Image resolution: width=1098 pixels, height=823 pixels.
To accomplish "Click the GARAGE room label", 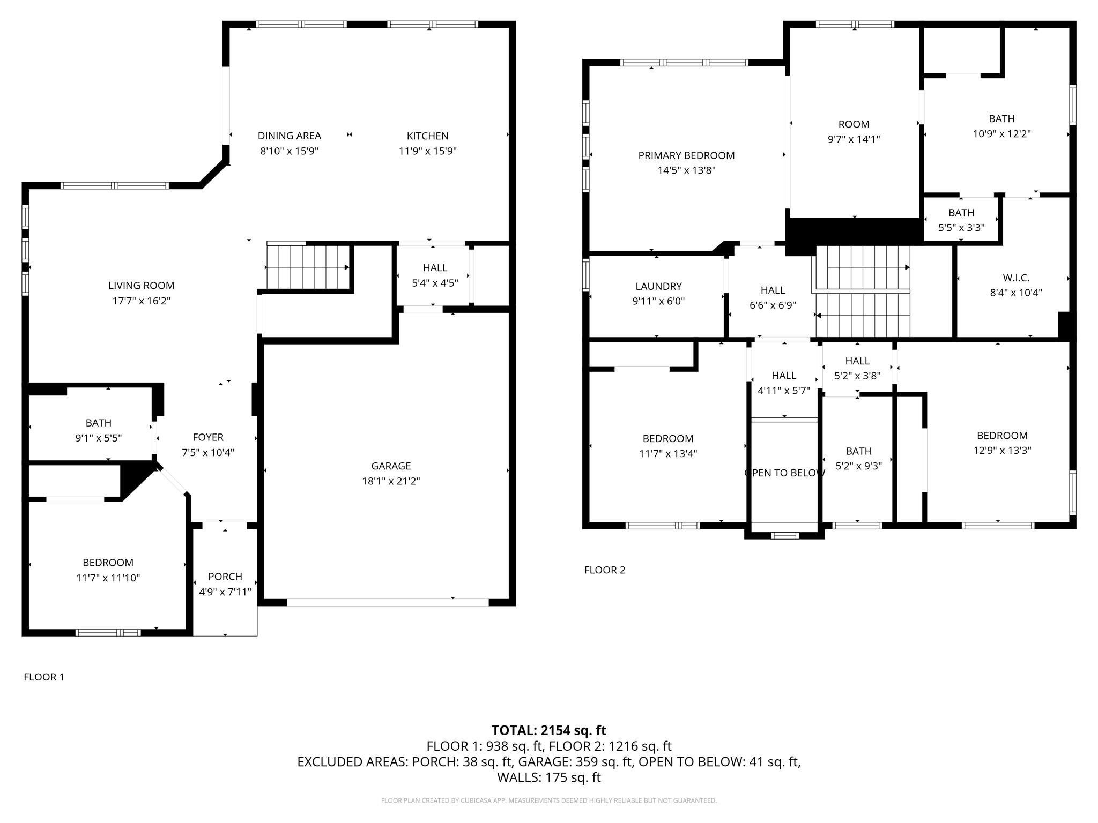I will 391,466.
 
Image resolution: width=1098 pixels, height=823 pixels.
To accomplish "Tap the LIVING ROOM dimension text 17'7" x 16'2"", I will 141,301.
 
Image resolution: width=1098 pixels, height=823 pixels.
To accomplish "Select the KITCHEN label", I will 427,136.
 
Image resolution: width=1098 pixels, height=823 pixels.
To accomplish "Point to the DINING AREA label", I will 289,136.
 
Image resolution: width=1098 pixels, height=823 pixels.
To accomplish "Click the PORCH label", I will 225,577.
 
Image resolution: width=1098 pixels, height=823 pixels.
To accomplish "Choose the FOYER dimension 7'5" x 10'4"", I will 208,453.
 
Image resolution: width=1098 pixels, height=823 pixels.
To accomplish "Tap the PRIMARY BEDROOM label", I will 686,155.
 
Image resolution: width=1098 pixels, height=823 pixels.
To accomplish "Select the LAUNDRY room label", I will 658,287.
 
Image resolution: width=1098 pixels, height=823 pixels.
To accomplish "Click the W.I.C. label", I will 1015,278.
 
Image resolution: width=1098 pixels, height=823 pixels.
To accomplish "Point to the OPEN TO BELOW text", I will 784,473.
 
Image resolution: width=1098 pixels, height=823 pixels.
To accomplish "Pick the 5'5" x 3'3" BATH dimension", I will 961,228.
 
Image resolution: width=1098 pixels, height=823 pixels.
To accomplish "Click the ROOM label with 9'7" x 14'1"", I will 854,124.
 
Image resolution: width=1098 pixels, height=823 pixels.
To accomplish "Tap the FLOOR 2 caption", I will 604,570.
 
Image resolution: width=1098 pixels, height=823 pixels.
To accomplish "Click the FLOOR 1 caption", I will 44,677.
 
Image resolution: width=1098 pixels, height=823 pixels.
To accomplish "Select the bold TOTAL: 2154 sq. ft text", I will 548,730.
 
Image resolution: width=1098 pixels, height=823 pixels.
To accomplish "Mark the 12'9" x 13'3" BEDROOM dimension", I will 1001,451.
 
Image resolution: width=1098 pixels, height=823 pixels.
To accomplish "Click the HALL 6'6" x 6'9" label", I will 773,290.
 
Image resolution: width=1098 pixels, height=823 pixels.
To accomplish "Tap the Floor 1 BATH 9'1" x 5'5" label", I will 99,423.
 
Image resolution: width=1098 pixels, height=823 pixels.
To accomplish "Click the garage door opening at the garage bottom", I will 388,603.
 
